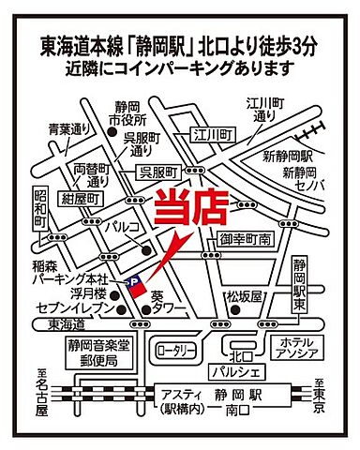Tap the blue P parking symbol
[132, 279]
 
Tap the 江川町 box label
[219, 136]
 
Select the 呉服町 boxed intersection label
[157, 173]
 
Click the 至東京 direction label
[320, 392]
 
